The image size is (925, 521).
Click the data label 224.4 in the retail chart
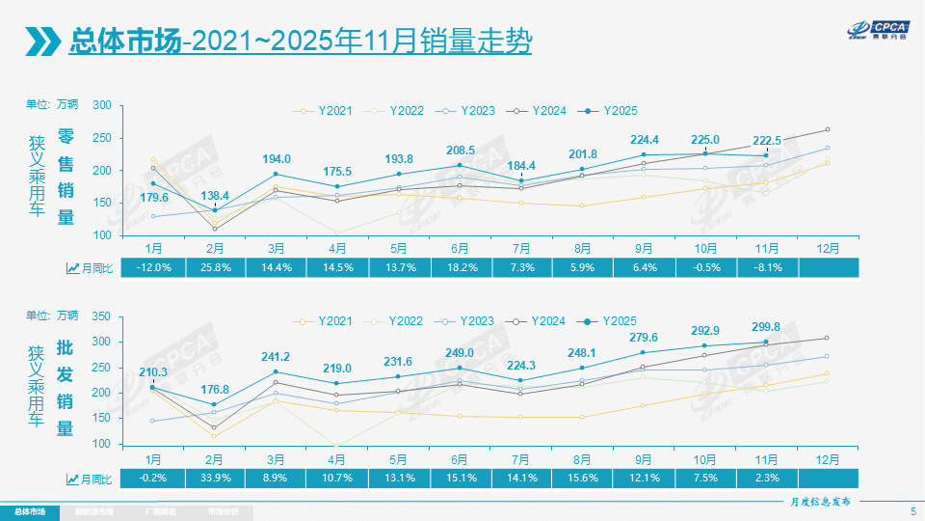(x=645, y=139)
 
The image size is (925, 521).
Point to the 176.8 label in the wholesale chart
(x=215, y=389)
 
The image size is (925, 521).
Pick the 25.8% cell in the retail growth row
(x=215, y=267)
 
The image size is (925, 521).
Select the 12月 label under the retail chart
(x=827, y=247)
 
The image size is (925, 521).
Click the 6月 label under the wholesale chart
(x=461, y=456)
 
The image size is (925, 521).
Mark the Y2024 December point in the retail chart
(x=827, y=129)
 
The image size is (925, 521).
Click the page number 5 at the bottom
(x=912, y=510)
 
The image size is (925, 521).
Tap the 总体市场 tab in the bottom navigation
(x=29, y=511)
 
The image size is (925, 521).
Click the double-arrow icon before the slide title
(x=41, y=41)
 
